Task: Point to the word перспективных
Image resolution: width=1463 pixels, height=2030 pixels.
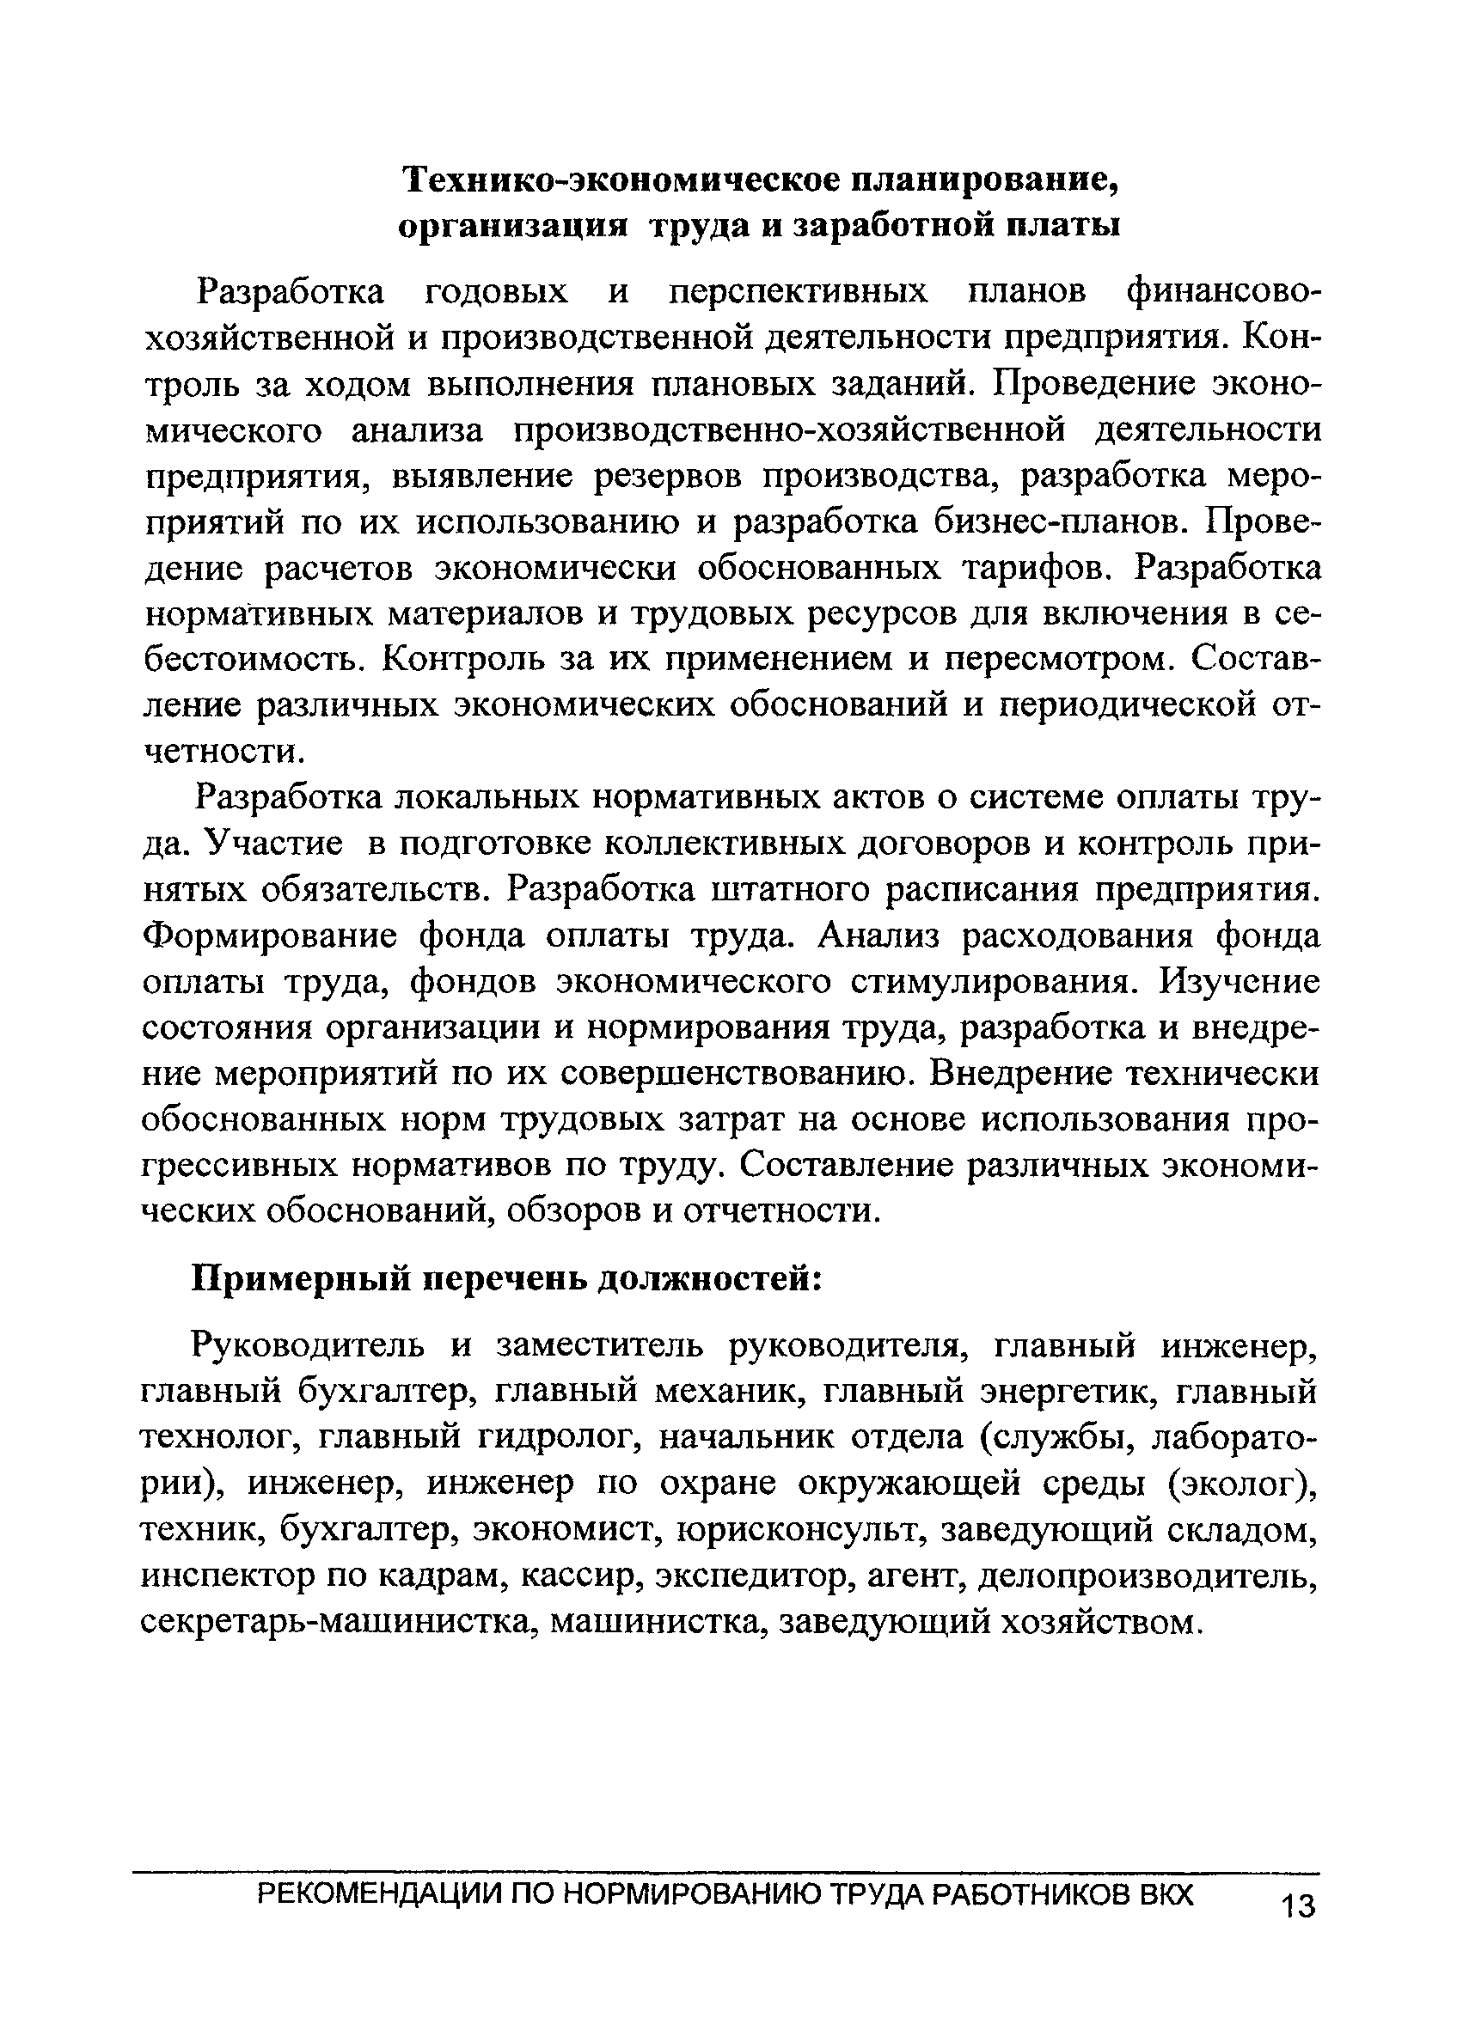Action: point(799,292)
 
